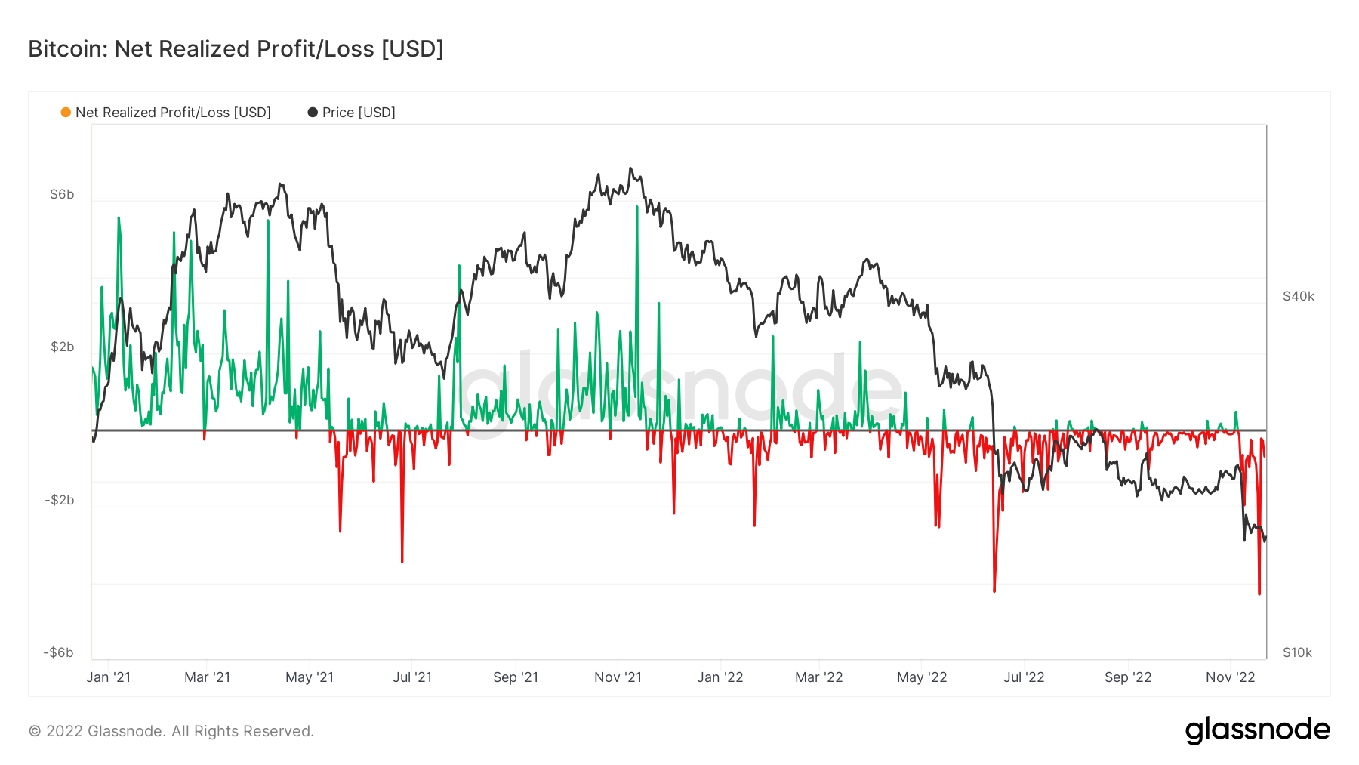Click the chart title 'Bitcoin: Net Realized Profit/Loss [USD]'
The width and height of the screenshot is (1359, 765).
236,49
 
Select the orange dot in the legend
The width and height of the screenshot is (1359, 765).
66,113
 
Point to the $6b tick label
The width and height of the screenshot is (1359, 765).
62,194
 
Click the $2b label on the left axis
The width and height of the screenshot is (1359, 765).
62,347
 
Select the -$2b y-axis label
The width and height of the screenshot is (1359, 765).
60,500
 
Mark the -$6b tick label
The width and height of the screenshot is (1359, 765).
59,652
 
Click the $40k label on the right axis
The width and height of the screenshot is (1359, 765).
1298,296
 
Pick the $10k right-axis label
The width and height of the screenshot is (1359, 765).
1297,652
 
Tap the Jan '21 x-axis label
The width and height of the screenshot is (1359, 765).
108,677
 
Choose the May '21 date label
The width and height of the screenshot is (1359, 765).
309,677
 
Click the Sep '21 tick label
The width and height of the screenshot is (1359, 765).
515,677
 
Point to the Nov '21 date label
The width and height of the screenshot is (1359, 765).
618,677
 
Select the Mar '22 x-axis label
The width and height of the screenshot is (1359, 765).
818,677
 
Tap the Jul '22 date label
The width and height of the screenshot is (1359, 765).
1023,677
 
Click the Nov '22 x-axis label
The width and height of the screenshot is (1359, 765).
1230,677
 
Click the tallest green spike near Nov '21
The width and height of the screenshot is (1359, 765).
637,208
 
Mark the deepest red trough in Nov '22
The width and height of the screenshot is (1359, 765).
1259,593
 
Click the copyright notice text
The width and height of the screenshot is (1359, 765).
171,731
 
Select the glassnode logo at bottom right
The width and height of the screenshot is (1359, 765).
1257,730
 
